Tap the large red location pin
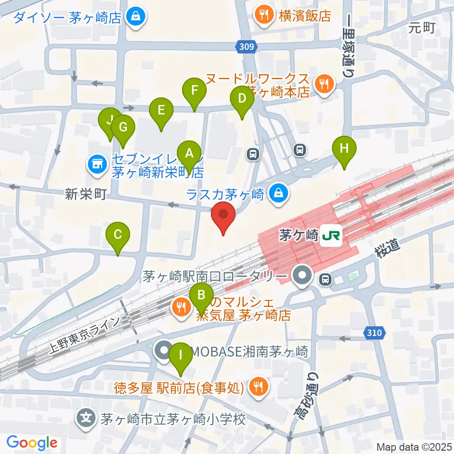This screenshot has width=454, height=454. [x=224, y=216]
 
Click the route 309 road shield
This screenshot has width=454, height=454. [x=245, y=47]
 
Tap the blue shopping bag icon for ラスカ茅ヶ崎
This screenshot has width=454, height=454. [x=279, y=192]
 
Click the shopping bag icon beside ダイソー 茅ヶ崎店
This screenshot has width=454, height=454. [x=136, y=17]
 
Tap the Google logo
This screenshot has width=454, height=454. [x=32, y=443]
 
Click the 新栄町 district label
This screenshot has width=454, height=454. [x=85, y=194]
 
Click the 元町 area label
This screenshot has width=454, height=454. [x=422, y=28]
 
